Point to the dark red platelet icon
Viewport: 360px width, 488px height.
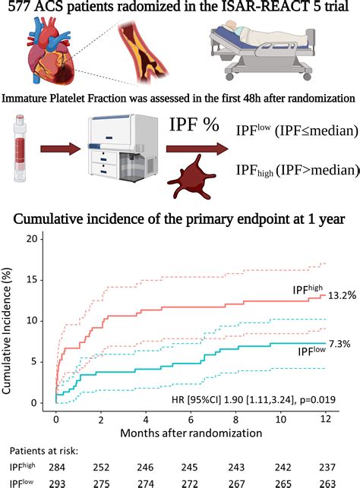(202, 180)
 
